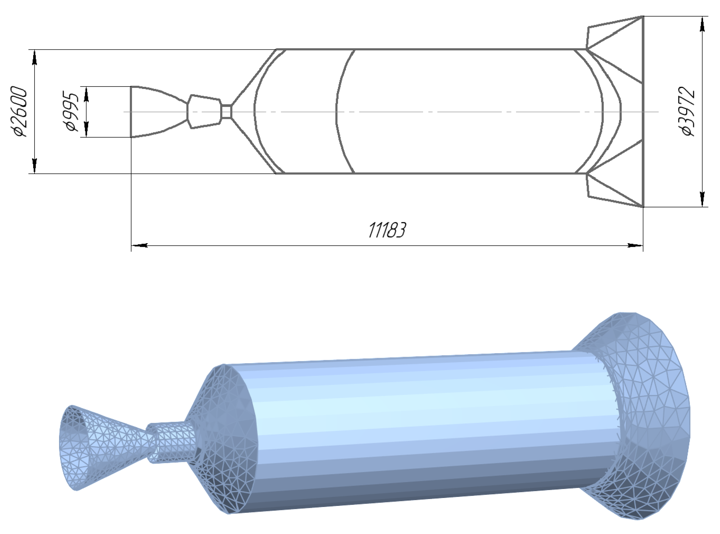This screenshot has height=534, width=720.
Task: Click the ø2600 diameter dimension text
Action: (19, 111)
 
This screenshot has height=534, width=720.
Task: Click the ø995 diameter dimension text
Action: (71, 112)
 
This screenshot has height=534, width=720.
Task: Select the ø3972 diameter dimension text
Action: (688, 111)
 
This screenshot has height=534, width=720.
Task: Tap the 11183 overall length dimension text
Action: (387, 230)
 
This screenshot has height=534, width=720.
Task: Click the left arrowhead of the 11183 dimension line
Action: (139, 246)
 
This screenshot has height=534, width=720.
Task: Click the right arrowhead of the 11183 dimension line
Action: (635, 246)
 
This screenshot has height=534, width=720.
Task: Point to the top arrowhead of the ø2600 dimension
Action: (35, 58)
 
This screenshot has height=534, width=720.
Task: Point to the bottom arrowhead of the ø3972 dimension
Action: (702, 198)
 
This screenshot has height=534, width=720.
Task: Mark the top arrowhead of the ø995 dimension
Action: (86, 94)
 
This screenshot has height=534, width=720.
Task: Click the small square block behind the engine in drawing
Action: (226, 112)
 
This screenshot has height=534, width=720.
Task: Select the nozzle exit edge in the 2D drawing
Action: (131, 112)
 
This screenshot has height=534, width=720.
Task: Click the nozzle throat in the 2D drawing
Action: (188, 112)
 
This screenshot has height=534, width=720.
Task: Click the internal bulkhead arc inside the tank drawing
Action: (339, 112)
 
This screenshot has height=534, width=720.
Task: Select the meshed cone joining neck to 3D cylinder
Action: (223, 432)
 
